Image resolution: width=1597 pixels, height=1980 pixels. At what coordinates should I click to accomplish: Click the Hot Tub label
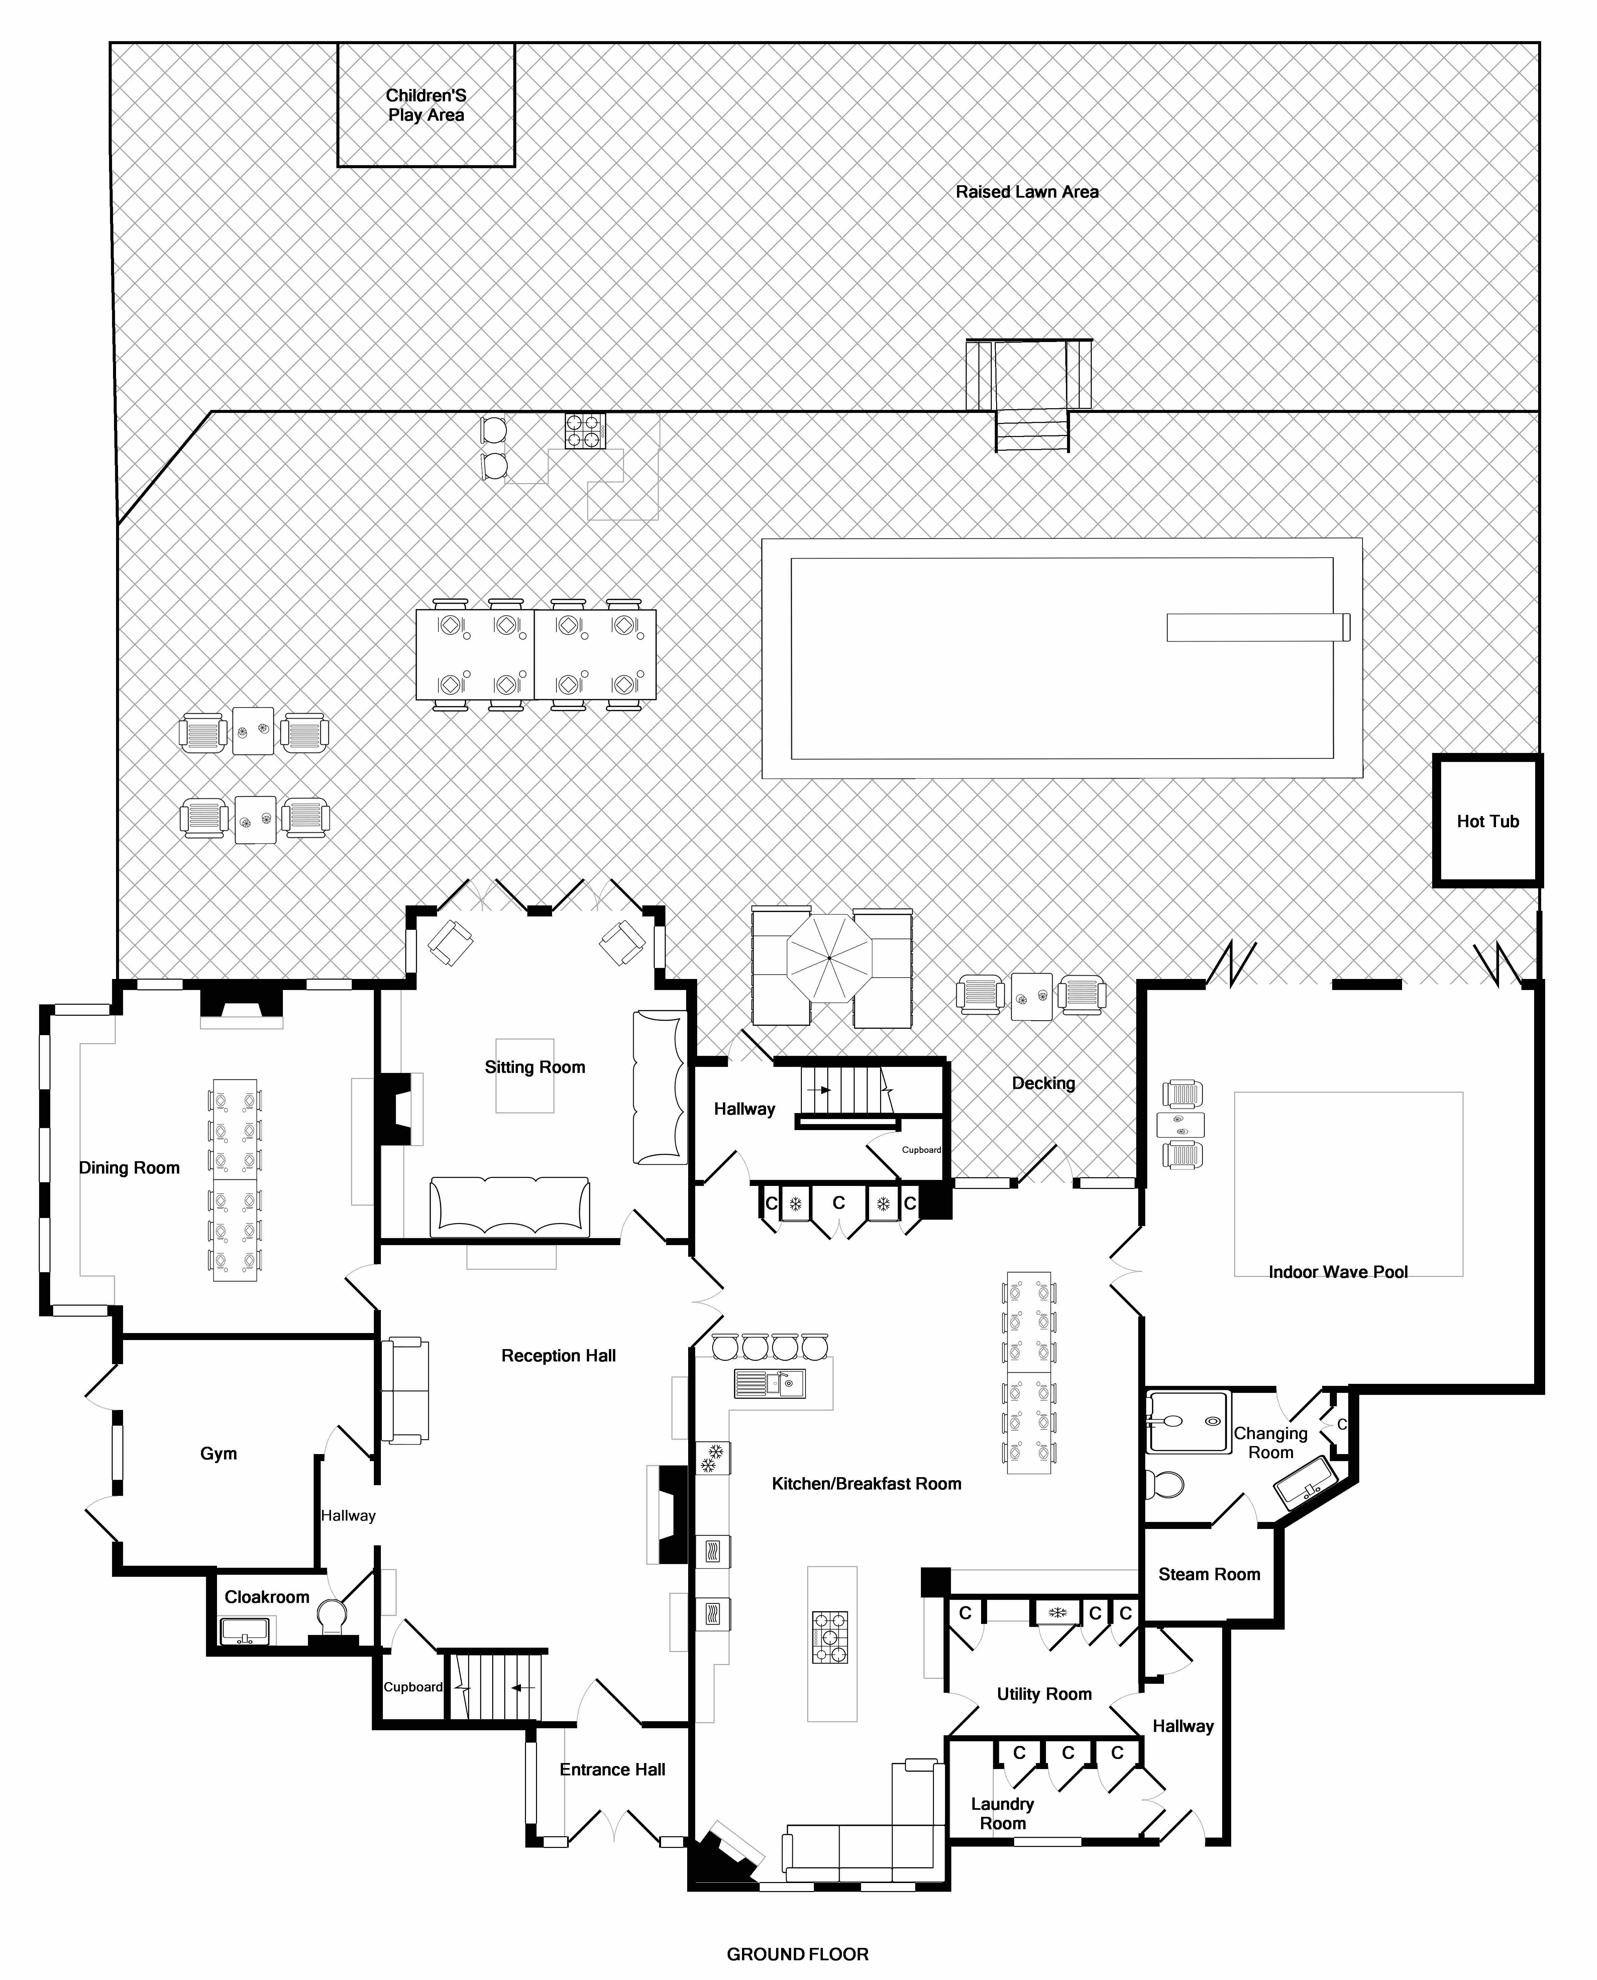(x=1488, y=821)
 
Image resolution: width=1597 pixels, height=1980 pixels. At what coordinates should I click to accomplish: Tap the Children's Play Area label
(x=426, y=105)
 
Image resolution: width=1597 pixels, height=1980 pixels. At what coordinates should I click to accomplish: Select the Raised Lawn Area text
(x=1027, y=192)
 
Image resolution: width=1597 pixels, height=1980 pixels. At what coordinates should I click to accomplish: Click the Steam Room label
(x=1209, y=1574)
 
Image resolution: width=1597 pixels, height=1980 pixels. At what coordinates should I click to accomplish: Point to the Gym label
(x=219, y=1454)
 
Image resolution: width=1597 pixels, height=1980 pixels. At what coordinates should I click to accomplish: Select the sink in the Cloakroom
(x=245, y=1631)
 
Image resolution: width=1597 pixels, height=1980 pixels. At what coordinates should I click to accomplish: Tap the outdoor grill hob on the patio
(x=585, y=430)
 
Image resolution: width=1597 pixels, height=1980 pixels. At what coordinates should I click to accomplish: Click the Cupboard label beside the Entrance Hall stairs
(x=413, y=1687)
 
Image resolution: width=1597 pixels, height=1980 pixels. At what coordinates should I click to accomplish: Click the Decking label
(x=1043, y=1083)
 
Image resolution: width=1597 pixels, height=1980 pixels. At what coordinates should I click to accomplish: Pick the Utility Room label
(x=1044, y=1694)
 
